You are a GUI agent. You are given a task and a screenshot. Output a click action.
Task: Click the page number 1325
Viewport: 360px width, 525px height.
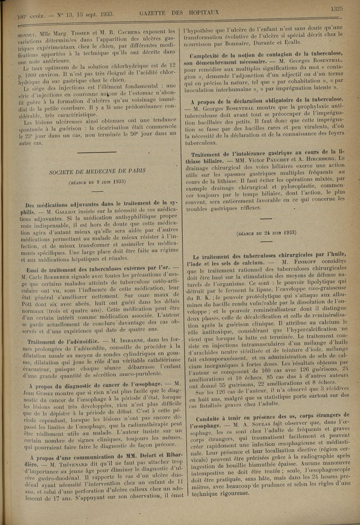tap(336, 8)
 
